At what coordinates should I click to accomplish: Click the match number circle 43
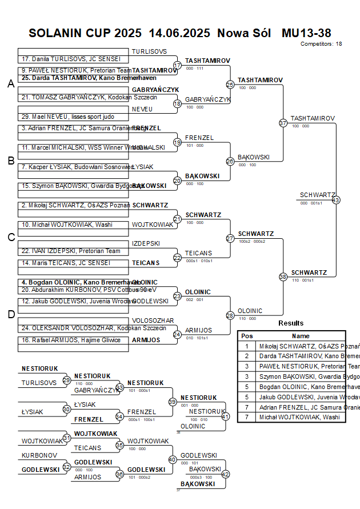point(335,200)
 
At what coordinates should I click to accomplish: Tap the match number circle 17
point(177,66)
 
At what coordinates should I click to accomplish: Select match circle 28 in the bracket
point(230,315)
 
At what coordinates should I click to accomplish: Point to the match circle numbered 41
point(225,416)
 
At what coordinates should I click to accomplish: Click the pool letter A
point(11,84)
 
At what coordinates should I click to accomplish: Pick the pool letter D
point(11,314)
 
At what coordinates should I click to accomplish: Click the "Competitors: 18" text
point(321,43)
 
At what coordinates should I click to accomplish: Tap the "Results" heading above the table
point(291,323)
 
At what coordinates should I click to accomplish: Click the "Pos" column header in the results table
point(247,336)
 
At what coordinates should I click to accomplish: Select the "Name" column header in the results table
point(301,336)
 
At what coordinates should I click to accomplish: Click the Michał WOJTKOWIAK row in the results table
point(301,417)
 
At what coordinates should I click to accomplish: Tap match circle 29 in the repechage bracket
point(67,380)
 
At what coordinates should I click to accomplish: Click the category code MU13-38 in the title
point(306,33)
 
